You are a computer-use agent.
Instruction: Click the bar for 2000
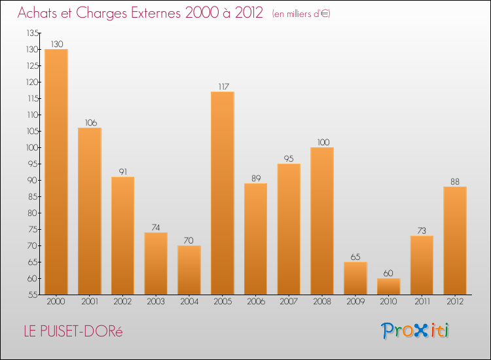click(x=56, y=171)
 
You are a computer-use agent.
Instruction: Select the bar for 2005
click(x=223, y=193)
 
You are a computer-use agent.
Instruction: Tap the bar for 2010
click(x=388, y=286)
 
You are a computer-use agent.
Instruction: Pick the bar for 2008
click(x=322, y=221)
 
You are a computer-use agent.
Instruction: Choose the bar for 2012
click(x=455, y=240)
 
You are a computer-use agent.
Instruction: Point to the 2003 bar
click(x=156, y=263)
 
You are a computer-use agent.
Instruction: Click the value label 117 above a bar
click(x=223, y=86)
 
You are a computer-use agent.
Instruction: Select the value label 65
click(x=355, y=257)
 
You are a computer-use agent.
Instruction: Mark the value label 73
click(x=422, y=230)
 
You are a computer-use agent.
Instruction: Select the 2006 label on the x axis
click(x=256, y=302)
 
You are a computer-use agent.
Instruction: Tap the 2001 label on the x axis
click(x=90, y=302)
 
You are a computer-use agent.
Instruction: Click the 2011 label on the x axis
click(x=422, y=302)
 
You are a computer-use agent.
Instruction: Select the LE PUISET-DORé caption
click(x=73, y=331)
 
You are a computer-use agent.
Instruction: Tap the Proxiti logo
click(x=416, y=331)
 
